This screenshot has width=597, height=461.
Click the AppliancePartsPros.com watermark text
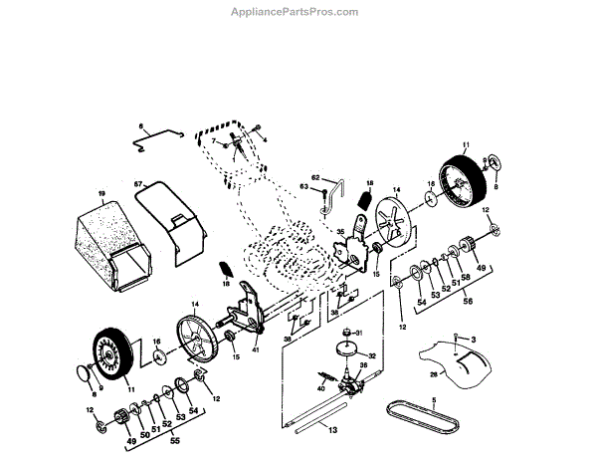[x=299, y=12]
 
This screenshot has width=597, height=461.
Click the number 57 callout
[x=139, y=184]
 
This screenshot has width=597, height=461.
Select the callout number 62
[x=315, y=176]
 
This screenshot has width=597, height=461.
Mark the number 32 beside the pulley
[x=372, y=354]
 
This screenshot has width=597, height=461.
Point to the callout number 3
[x=473, y=341]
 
